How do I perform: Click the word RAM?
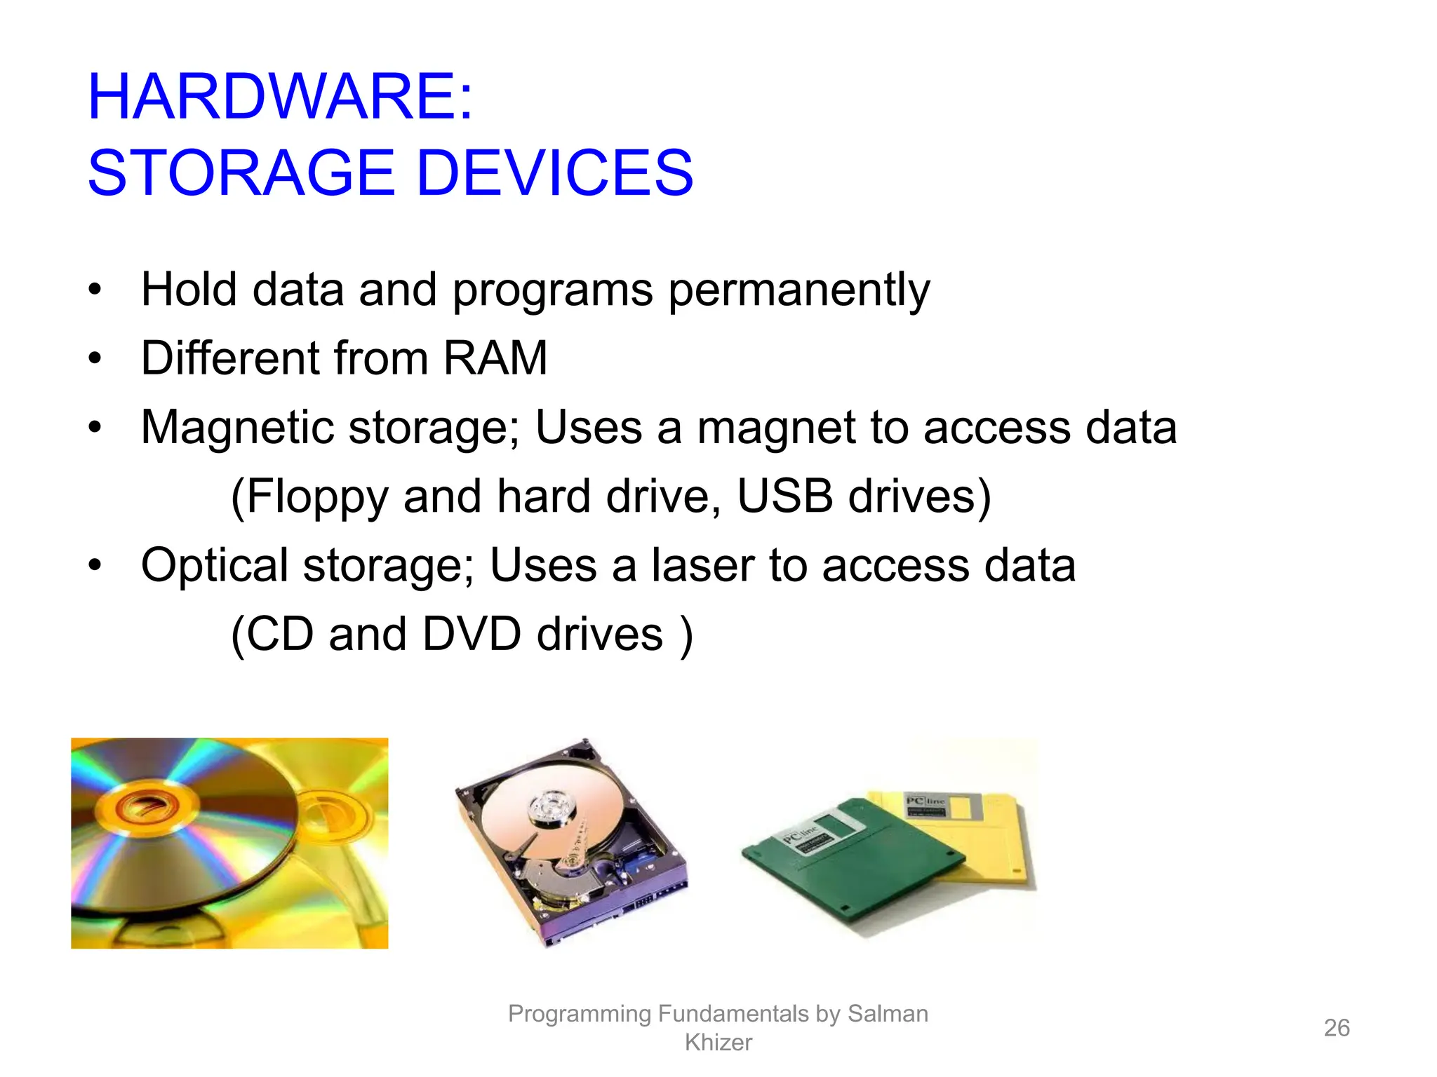pyautogui.click(x=495, y=358)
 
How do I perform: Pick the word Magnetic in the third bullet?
pyautogui.click(x=237, y=428)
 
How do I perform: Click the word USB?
pyautogui.click(x=785, y=496)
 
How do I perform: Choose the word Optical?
pyautogui.click(x=215, y=565)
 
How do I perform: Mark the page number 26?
pyautogui.click(x=1336, y=1028)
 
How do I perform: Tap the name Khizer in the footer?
pyautogui.click(x=718, y=1043)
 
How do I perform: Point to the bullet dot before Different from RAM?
pyautogui.click(x=95, y=359)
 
